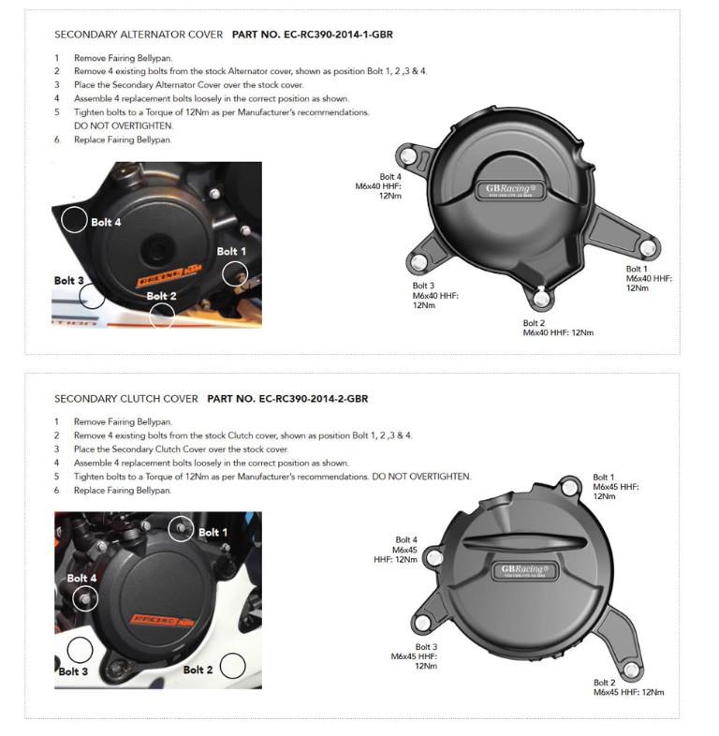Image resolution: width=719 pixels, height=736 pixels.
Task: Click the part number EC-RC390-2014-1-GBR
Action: pos(302,35)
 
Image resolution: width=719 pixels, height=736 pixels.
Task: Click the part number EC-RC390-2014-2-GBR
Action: pos(287,399)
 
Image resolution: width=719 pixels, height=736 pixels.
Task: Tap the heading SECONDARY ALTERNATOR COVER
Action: pos(139,35)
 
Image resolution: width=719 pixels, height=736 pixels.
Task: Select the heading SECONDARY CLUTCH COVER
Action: pos(126,399)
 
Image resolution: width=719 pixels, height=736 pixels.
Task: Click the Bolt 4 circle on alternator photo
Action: pos(75,219)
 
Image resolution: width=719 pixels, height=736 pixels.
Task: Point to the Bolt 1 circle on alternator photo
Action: pos(234,272)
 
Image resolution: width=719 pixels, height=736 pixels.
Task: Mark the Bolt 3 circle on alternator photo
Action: pos(92,295)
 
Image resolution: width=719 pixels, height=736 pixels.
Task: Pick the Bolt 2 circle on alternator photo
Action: pos(162,314)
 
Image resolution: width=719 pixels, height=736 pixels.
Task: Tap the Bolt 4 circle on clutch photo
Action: pos(84,597)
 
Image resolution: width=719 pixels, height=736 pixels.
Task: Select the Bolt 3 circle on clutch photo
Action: pos(80,650)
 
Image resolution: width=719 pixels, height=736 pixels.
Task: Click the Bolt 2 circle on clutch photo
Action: pos(232,667)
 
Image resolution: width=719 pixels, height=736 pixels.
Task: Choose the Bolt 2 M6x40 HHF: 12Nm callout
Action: pos(558,328)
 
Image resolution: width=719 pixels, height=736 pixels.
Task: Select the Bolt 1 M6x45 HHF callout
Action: pos(616,487)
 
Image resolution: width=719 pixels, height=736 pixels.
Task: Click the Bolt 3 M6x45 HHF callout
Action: pos(415,656)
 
